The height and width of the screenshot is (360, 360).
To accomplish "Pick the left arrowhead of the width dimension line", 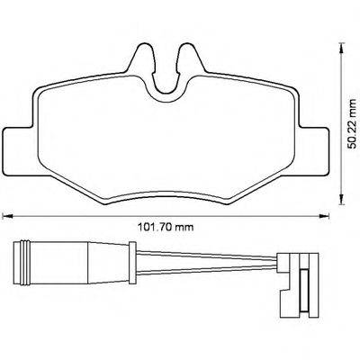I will pyautogui.click(x=6, y=213).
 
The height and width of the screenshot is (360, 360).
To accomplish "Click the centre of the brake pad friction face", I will pyautogui.click(x=166, y=135).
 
